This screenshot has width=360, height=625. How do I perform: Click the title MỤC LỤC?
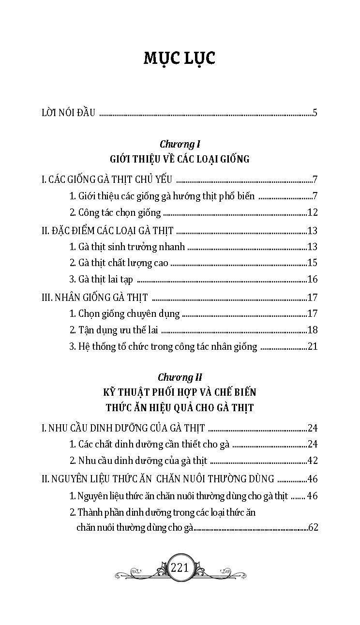[x=180, y=58]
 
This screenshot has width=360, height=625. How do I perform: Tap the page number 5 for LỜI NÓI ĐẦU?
[x=315, y=113]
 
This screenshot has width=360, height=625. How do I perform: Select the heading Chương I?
[x=180, y=144]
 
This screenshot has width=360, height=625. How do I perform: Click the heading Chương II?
[x=180, y=376]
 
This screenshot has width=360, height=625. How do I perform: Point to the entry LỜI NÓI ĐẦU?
[x=69, y=113]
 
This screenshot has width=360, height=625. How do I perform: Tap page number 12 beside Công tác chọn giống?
[x=312, y=212]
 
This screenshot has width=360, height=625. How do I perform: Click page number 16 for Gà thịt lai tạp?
[x=312, y=279]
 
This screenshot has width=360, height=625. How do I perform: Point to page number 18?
[x=312, y=330]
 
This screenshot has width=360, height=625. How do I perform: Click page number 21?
[x=312, y=346]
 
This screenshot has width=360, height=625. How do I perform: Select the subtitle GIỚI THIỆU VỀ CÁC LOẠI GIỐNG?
[x=180, y=159]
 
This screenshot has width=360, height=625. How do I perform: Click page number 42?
[x=312, y=461]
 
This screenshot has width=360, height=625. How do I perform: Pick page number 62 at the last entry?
[x=313, y=527]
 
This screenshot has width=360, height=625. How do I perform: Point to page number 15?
[x=312, y=263]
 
